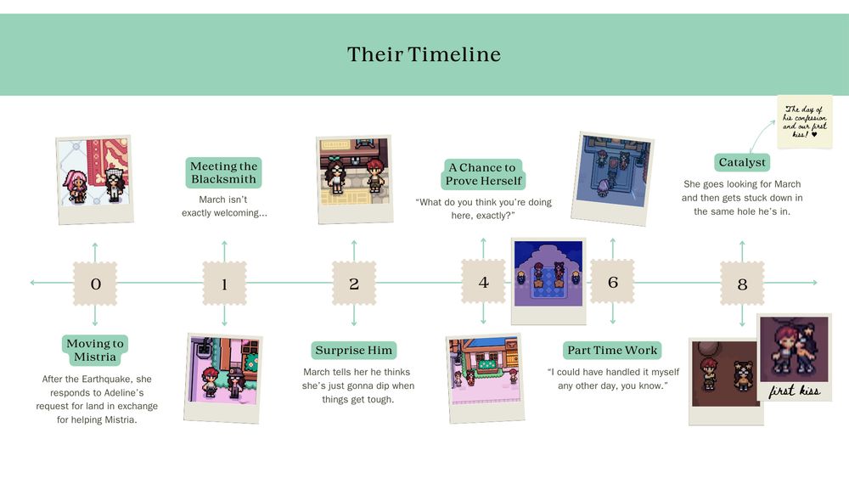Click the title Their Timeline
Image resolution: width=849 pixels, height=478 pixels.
(424, 54)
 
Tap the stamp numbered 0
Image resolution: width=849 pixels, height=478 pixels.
(95, 283)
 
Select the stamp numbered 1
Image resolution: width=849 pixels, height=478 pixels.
(224, 283)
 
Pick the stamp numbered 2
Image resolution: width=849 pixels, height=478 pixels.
(353, 283)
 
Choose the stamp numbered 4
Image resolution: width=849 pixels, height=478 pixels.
(483, 282)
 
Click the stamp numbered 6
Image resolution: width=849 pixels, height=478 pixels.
(612, 282)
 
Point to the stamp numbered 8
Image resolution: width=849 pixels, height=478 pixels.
(742, 283)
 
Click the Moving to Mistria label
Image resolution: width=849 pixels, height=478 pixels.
(95, 351)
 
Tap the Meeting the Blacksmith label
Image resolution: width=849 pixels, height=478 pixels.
(223, 172)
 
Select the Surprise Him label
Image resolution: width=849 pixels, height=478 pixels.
(353, 351)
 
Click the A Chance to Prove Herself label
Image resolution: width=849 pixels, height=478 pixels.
(483, 174)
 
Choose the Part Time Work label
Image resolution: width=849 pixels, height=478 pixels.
(612, 351)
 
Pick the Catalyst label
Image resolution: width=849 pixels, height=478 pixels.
(742, 162)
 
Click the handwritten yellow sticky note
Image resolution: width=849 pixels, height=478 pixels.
(805, 121)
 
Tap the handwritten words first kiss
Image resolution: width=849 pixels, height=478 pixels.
(795, 391)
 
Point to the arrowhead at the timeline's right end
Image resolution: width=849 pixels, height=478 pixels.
(814, 283)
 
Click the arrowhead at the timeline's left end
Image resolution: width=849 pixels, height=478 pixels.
(34, 283)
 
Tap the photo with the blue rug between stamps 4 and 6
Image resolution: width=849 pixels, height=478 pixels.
(548, 280)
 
